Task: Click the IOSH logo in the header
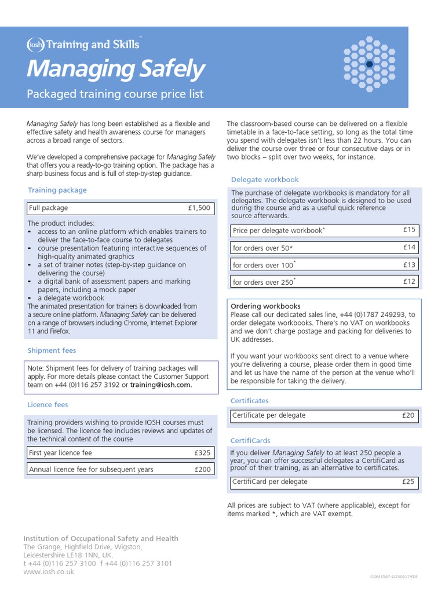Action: click(x=35, y=45)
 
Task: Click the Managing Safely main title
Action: click(x=116, y=69)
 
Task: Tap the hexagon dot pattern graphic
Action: click(x=369, y=64)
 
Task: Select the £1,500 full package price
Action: click(x=199, y=208)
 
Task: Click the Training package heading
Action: click(x=57, y=190)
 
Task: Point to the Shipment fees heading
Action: click(x=52, y=350)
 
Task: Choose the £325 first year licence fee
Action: click(x=203, y=452)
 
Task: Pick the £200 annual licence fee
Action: click(x=203, y=469)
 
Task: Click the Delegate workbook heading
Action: click(x=265, y=180)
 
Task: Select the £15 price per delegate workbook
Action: click(x=409, y=230)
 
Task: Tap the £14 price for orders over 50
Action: click(x=409, y=247)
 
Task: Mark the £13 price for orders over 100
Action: click(x=409, y=265)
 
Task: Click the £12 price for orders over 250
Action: click(x=409, y=281)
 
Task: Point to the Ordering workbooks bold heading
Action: click(x=265, y=306)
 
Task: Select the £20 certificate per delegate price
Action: click(x=408, y=415)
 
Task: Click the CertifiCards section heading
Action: click(x=250, y=441)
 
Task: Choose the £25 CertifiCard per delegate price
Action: click(x=408, y=481)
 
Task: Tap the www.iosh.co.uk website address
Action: click(x=49, y=571)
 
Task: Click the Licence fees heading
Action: click(x=48, y=404)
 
